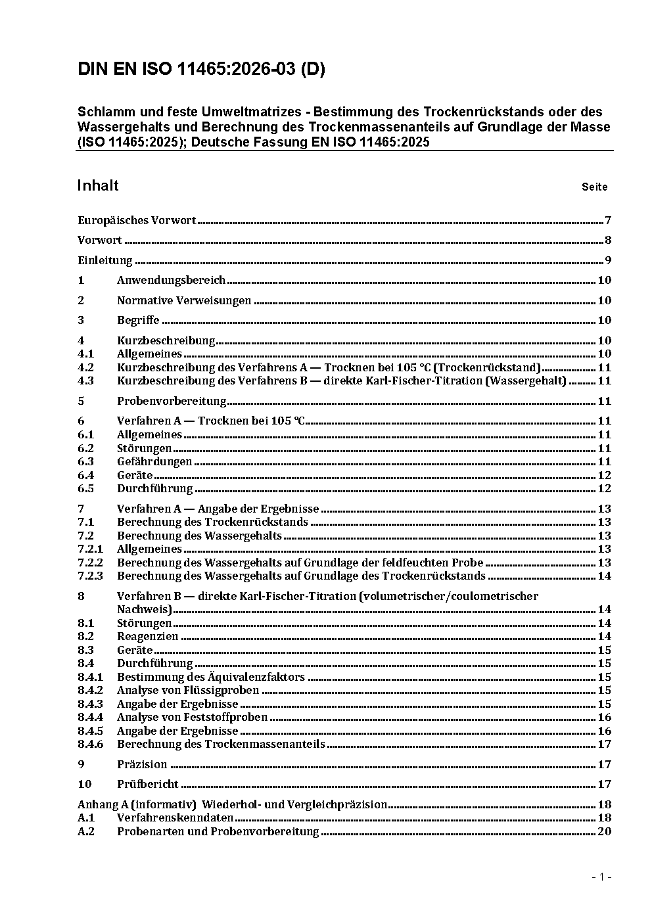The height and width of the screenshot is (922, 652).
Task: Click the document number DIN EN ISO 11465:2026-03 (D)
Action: pyautogui.click(x=201, y=70)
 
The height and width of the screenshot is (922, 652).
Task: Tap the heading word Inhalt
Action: pyautogui.click(x=98, y=185)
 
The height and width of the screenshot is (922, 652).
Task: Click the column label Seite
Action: pyautogui.click(x=594, y=187)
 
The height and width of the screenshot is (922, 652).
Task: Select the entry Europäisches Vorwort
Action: pyautogui.click(x=137, y=221)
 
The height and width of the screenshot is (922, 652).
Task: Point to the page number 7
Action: pyautogui.click(x=608, y=221)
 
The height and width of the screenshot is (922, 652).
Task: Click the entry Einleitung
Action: pyautogui.click(x=105, y=261)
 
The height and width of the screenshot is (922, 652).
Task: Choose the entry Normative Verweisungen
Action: pyautogui.click(x=184, y=301)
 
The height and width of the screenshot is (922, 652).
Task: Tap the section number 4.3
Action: pyautogui.click(x=85, y=381)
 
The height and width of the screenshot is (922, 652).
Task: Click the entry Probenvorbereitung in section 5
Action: pyautogui.click(x=172, y=402)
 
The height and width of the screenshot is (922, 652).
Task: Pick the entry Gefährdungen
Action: pyautogui.click(x=154, y=462)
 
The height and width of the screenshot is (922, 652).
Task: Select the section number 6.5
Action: pyautogui.click(x=85, y=489)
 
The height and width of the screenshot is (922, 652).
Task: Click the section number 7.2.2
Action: pyautogui.click(x=90, y=563)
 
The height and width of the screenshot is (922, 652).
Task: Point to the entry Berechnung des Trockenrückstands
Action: pyautogui.click(x=212, y=522)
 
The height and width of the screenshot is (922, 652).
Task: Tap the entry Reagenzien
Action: pyautogui.click(x=147, y=637)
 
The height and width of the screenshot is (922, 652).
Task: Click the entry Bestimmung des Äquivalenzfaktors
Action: pyautogui.click(x=211, y=678)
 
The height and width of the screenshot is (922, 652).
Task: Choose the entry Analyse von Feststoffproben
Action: pyautogui.click(x=192, y=718)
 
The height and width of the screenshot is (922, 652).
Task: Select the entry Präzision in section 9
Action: pyautogui.click(x=142, y=765)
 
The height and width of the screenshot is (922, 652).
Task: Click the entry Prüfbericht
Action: pyautogui.click(x=148, y=785)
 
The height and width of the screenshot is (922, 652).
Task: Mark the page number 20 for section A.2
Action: pyautogui.click(x=604, y=832)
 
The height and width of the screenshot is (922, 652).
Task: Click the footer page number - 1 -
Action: pyautogui.click(x=601, y=877)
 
